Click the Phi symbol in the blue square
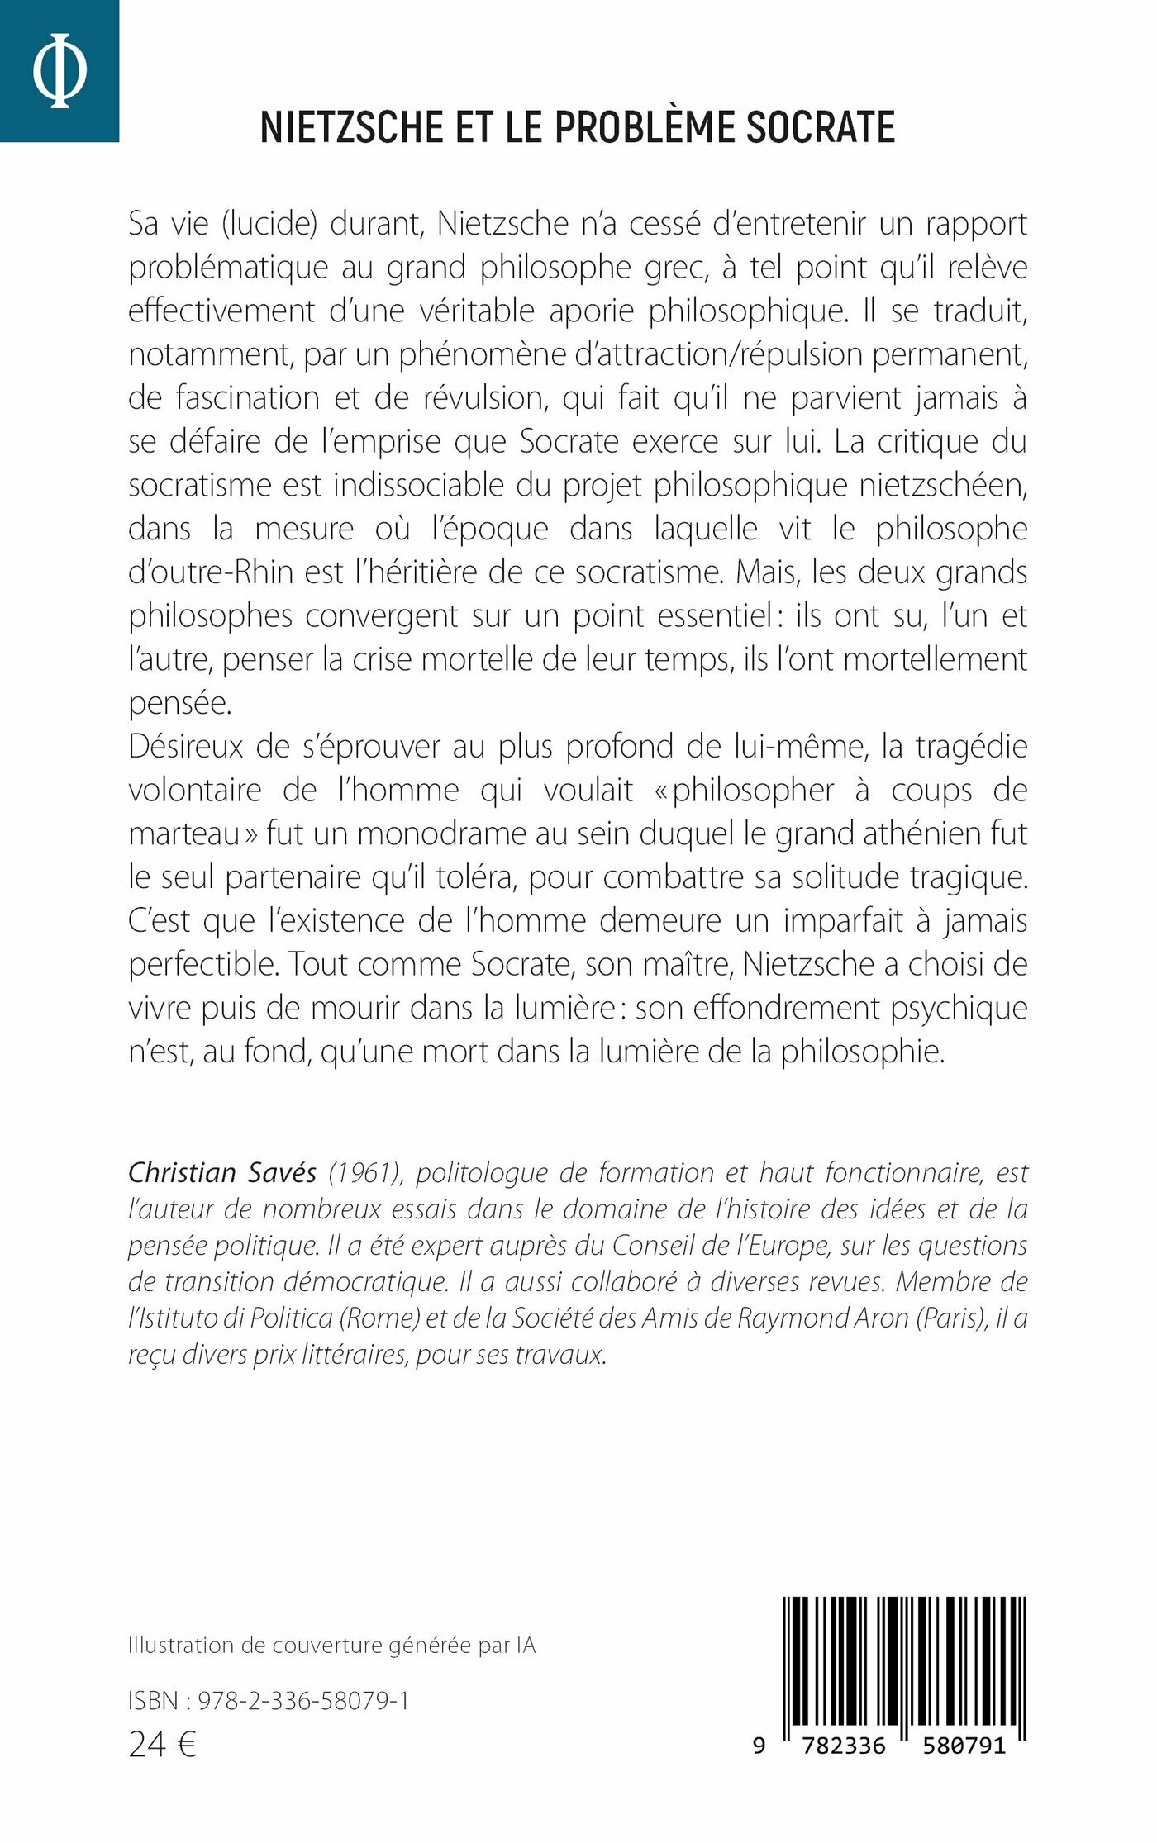point(60,72)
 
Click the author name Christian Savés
point(222,1172)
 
